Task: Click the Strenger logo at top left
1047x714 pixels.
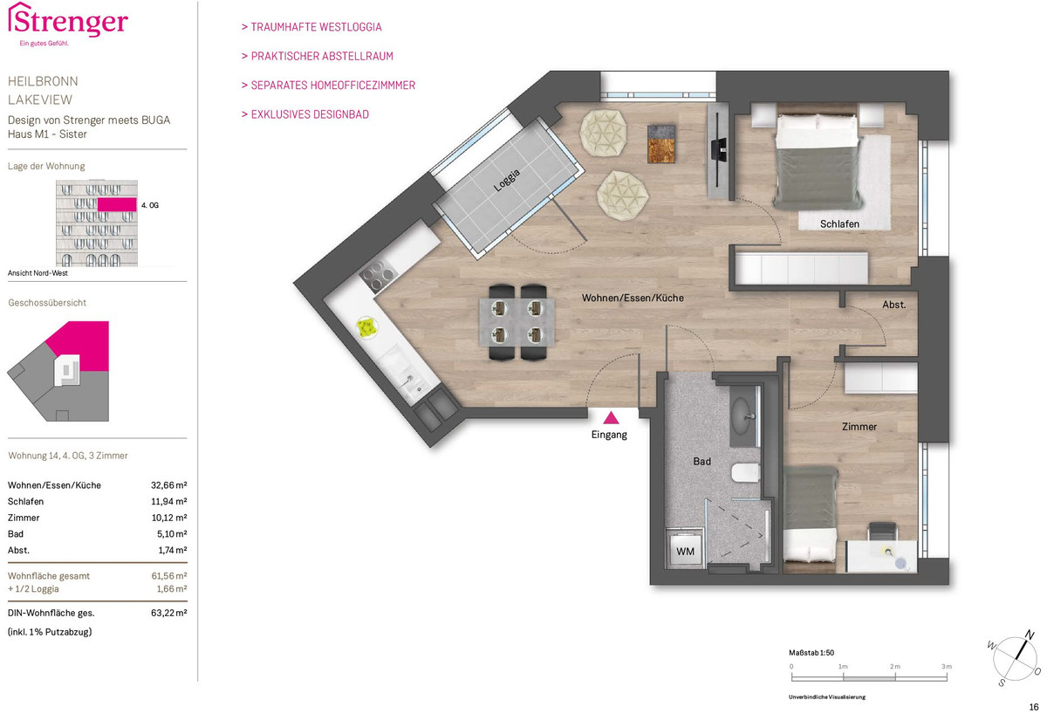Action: click(68, 24)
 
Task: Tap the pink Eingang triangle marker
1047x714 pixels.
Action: click(611, 417)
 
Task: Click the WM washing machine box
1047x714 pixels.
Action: click(685, 552)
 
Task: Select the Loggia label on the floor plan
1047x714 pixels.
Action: click(507, 181)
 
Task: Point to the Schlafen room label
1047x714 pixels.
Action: click(839, 224)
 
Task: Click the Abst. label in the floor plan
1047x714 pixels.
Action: click(893, 305)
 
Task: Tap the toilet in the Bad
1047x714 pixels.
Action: click(745, 472)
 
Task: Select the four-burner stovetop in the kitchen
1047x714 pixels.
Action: click(378, 275)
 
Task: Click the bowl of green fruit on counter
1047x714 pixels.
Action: click(367, 326)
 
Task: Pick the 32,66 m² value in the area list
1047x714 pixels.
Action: click(168, 485)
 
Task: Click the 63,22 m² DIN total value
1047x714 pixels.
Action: click(168, 613)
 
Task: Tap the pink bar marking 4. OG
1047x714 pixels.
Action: click(117, 204)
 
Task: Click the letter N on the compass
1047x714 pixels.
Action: click(1030, 635)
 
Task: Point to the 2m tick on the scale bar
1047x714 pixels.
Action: click(895, 676)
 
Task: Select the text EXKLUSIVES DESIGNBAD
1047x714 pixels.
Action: click(310, 114)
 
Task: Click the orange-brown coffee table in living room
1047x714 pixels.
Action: click(661, 144)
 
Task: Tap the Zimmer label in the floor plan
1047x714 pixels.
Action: click(859, 427)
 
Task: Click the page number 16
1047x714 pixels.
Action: click(1034, 706)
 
